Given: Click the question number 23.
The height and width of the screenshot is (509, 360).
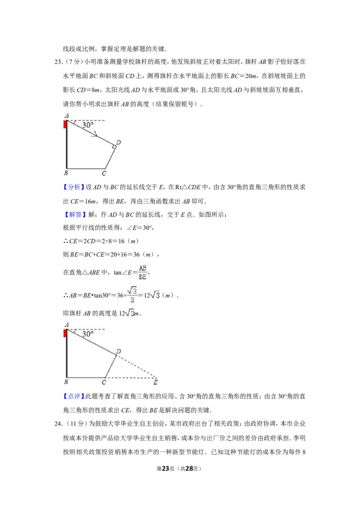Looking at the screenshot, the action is [x=58, y=62].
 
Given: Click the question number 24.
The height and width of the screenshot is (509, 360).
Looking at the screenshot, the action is [x=58, y=424].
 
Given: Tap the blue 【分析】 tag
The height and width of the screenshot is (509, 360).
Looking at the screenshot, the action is [x=73, y=188].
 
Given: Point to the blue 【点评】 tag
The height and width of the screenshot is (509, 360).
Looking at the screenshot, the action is [x=73, y=396].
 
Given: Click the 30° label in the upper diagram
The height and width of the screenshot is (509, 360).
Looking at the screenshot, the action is [x=88, y=125].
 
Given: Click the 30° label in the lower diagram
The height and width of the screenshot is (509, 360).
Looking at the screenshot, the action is [x=88, y=334].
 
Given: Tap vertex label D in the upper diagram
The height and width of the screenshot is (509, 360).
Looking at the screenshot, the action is [x=119, y=142].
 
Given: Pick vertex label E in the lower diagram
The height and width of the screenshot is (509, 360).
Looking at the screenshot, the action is [x=155, y=382].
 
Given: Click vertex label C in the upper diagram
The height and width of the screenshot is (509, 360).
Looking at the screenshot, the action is [x=103, y=174].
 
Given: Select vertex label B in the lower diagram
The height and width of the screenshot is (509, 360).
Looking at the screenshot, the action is [x=66, y=382].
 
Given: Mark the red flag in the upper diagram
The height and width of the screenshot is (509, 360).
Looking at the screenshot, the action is [x=65, y=125].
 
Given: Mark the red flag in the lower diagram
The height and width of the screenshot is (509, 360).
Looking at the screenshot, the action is [x=65, y=333].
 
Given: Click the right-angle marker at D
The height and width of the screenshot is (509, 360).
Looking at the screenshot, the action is [x=114, y=147].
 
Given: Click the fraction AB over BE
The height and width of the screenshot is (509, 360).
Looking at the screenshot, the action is [x=143, y=272].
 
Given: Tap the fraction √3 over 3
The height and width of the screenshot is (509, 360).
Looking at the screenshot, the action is [x=132, y=295].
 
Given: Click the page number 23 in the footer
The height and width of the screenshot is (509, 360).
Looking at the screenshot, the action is [x=166, y=469].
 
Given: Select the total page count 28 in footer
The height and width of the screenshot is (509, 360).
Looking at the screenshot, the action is [x=189, y=469].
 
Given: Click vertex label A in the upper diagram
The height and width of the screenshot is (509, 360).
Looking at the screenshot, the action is [x=67, y=116].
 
